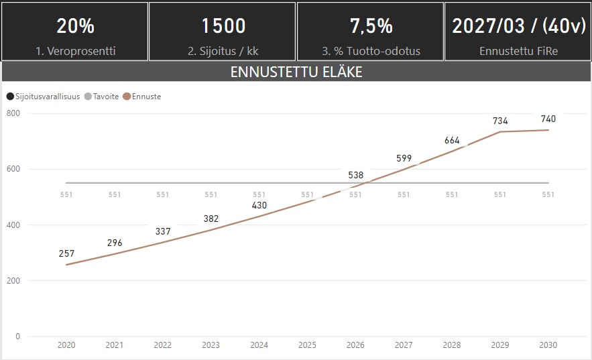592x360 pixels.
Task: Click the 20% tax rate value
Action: pos(75,25)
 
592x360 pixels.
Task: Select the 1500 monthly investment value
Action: pos(223,25)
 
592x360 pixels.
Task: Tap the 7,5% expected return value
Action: pos(371,25)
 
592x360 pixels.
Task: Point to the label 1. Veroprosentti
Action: pos(75,51)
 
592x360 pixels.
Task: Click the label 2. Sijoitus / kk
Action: pos(223,51)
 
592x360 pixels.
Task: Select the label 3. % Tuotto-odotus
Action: pos(371,51)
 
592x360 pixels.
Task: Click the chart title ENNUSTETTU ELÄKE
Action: pos(296,72)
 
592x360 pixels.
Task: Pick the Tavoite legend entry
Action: pos(105,97)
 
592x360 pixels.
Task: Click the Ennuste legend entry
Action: pos(145,97)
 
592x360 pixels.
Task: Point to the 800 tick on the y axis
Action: pos(13,113)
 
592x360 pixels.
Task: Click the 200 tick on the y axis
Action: pos(13,280)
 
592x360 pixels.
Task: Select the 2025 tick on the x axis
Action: pos(307,345)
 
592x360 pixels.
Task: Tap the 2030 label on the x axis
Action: pos(548,345)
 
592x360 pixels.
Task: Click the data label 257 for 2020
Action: pos(66,253)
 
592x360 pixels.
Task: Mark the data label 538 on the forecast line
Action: pos(355,176)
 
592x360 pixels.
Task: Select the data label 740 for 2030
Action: pos(548,119)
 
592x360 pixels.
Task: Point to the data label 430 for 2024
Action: pos(259,205)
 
